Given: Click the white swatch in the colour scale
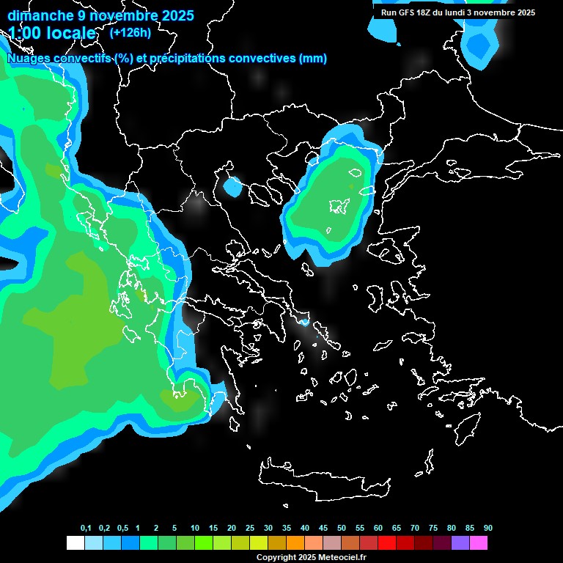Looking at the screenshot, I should coord(75,543).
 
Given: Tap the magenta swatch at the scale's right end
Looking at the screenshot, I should coord(479,543).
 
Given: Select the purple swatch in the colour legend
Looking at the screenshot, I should coord(460,543).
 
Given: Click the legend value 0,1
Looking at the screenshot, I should coord(86,529).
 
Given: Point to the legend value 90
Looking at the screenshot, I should coord(488,529).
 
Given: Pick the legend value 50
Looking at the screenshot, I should coord(342,529).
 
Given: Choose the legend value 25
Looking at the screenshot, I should coord(250,529).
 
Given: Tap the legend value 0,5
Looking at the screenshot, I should coord(122,529).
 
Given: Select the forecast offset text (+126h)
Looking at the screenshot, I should coord(130,32).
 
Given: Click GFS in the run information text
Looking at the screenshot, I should coord(408,12).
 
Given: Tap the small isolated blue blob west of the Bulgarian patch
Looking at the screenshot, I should coord(232,187).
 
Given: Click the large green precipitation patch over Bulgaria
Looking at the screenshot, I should coord(330,202).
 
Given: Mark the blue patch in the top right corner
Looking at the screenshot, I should coord(480,44).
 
